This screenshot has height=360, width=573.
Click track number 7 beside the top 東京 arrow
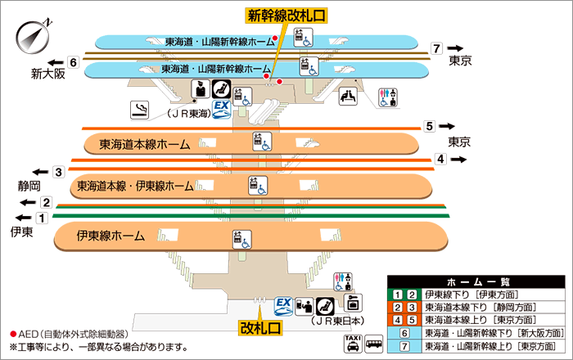pos(438,48)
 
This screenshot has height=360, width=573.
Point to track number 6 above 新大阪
pos(73,62)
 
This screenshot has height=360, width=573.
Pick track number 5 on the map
pos(429,127)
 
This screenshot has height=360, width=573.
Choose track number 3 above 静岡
pos(59,172)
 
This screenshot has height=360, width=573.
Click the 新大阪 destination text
pos(48,74)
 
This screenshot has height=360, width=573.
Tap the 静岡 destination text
pos(29,186)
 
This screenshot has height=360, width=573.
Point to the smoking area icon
pos(140,108)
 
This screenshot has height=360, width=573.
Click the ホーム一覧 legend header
pos(476,281)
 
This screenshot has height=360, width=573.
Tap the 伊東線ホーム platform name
pos(111,236)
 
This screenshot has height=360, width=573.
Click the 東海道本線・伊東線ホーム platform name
pos(136,186)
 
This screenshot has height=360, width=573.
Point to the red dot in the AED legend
pos(13,334)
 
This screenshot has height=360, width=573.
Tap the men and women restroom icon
pos(386,97)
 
